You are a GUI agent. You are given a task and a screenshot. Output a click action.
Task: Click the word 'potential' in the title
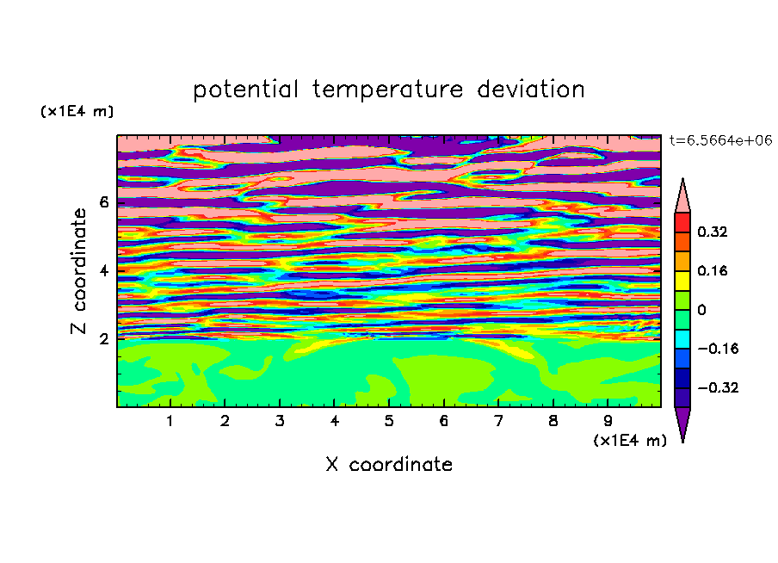[x=245, y=90]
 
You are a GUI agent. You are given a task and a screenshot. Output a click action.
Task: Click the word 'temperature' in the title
[x=387, y=90]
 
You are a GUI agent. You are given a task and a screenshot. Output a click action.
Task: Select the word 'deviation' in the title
[x=530, y=89]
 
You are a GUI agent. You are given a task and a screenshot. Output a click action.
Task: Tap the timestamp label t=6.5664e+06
[x=720, y=140]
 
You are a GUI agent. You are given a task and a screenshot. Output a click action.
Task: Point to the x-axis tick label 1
[x=170, y=421]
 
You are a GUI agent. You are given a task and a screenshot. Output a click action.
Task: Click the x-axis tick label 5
[x=389, y=421]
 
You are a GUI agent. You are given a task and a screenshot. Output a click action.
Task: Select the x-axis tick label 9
[x=608, y=421]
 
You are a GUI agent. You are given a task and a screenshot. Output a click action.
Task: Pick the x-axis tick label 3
[x=280, y=421]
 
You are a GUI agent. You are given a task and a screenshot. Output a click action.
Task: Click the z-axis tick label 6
[x=103, y=202]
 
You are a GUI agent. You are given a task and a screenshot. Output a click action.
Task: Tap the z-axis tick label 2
[x=103, y=338]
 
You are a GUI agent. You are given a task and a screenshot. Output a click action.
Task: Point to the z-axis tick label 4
[x=103, y=270]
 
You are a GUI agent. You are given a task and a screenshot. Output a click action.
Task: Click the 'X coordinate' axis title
[x=389, y=464]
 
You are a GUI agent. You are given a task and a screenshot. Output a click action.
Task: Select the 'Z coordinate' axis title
[x=79, y=271]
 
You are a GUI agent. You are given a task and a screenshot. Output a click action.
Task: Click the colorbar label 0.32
[x=712, y=232]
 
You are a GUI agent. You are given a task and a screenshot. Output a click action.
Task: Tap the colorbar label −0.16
[x=718, y=349]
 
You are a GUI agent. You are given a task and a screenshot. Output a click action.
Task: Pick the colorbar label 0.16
[x=712, y=270]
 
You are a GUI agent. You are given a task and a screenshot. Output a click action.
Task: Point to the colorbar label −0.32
[x=718, y=387]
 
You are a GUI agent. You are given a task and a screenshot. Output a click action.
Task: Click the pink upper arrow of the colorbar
[x=682, y=199]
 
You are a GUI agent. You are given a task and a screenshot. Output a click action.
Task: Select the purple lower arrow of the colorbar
[x=682, y=421]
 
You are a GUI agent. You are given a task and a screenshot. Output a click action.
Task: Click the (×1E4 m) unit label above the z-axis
[x=77, y=111]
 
